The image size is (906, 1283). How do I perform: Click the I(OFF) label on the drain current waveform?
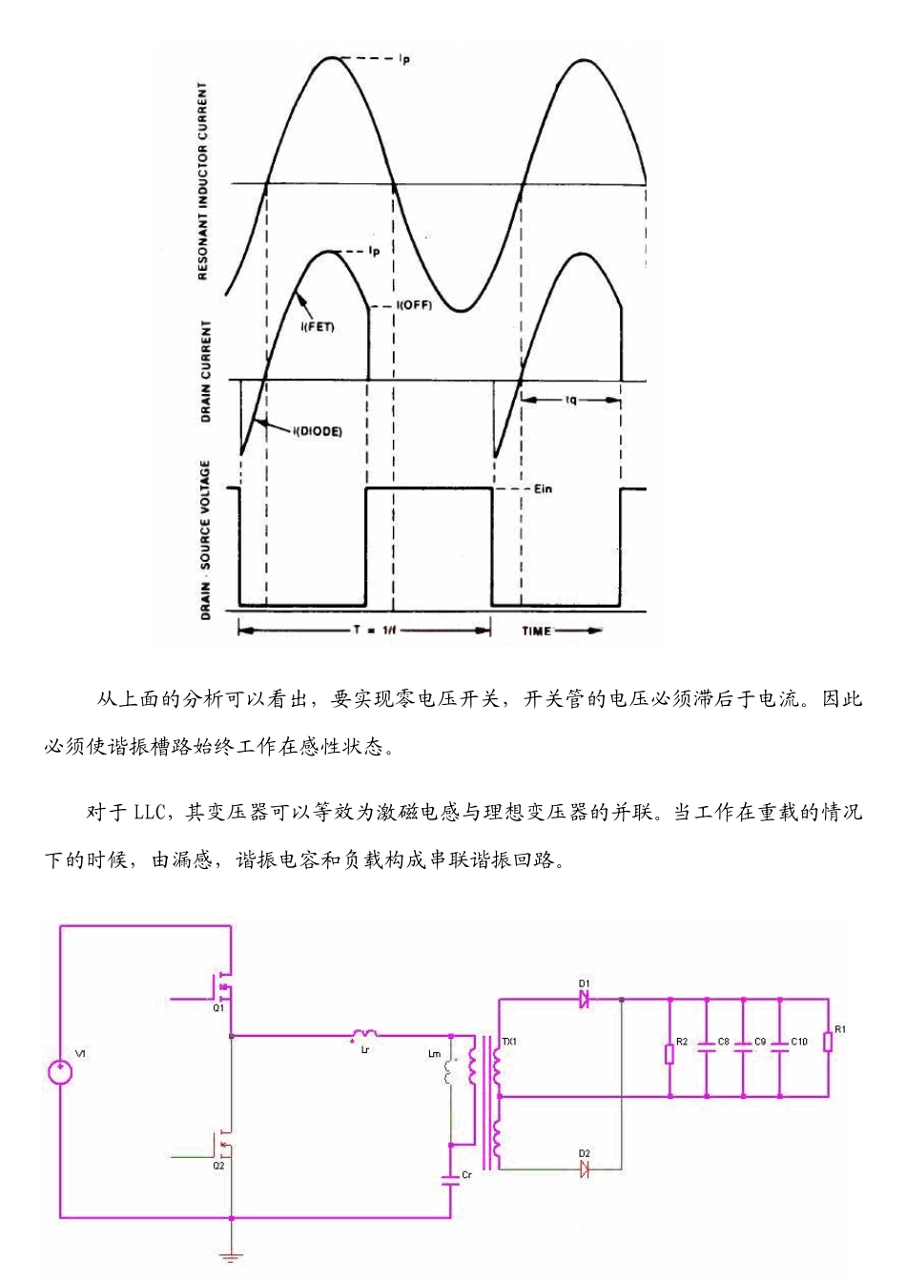[414, 306]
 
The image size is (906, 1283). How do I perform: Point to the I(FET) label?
[318, 327]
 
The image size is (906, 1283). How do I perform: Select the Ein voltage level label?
[543, 488]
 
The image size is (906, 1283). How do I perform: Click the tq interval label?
[570, 400]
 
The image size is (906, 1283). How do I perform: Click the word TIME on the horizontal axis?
[536, 631]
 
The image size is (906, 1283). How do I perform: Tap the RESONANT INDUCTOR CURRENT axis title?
[203, 181]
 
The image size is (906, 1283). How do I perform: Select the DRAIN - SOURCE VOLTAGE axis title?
[205, 540]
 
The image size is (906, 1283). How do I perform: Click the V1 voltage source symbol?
[60, 1073]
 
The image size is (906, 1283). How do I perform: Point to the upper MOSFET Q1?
[221, 983]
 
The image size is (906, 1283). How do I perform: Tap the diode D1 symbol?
[584, 999]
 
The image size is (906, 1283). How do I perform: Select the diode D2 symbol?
[584, 1169]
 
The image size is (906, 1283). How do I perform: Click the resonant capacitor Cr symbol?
[450, 1179]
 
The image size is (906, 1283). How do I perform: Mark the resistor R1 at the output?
[828, 1042]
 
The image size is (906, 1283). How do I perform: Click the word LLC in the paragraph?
[149, 813]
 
